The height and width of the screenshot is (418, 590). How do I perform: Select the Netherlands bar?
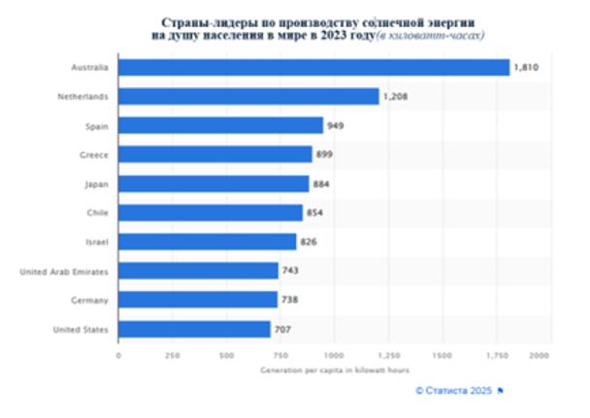248,96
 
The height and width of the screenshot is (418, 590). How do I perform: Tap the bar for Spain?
220,125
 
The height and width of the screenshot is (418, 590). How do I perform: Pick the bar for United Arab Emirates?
198,272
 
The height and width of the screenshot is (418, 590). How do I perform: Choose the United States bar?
194,330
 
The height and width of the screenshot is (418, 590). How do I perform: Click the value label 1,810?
525,67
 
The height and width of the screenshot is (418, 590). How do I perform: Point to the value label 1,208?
394,96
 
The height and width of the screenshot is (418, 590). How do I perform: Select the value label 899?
326,154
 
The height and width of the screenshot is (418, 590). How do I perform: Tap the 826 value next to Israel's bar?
311,241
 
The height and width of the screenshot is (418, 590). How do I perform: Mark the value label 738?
291,301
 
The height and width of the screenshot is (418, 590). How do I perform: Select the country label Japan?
96,183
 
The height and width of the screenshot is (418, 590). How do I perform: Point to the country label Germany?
90,301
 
